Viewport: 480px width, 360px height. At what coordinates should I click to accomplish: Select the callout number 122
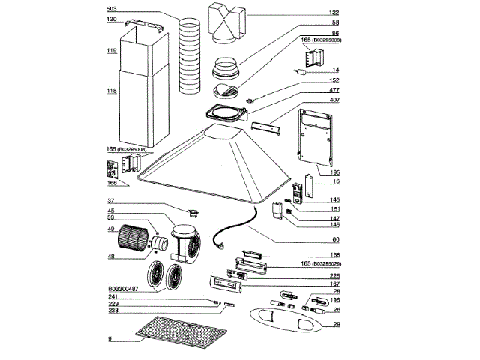coord(334,13)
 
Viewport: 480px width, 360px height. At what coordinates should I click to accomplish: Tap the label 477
coord(334,90)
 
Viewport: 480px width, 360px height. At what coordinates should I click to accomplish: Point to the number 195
coord(334,172)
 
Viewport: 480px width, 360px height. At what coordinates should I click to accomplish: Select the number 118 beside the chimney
coord(111,91)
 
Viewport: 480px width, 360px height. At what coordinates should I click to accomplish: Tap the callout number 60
coord(335,240)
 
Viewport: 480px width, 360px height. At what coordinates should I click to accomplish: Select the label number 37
coord(110,201)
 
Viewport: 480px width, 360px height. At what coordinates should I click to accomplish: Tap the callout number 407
coord(334,100)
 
